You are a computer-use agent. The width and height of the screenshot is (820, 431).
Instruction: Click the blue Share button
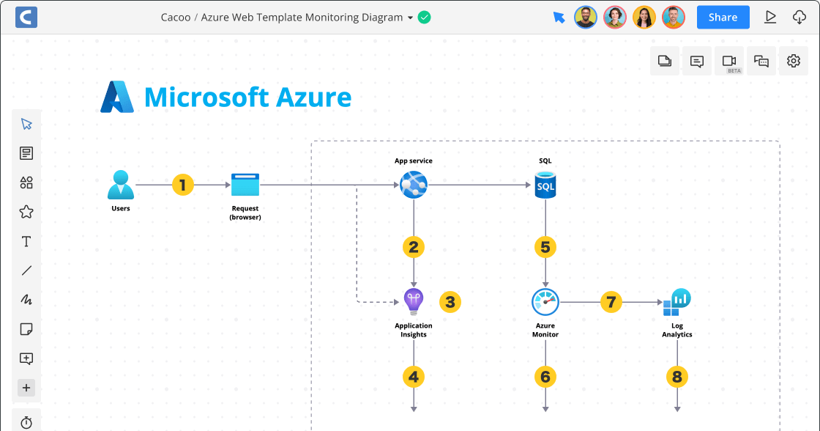(x=723, y=17)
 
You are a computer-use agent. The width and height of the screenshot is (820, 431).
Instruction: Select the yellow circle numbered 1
(x=183, y=185)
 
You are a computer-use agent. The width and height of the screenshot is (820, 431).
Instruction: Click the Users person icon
(x=121, y=185)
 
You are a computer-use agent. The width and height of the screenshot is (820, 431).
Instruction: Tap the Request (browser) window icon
(x=245, y=185)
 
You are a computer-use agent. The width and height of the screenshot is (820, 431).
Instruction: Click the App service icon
(x=414, y=185)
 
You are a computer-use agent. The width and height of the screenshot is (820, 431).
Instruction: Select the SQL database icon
(x=545, y=185)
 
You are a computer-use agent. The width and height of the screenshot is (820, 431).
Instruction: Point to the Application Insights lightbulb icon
(x=414, y=301)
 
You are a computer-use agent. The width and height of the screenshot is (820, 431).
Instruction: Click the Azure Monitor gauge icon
(x=545, y=301)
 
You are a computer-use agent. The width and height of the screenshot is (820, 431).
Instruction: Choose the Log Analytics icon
(x=677, y=301)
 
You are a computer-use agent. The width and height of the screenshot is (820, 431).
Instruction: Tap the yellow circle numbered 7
(x=611, y=301)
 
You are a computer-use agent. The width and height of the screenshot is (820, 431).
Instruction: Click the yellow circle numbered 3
(x=450, y=301)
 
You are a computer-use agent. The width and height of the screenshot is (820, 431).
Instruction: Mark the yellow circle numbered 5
(x=545, y=246)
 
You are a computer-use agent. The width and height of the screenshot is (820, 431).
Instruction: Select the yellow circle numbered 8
(x=677, y=377)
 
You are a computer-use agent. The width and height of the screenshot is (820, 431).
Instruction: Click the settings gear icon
(x=794, y=61)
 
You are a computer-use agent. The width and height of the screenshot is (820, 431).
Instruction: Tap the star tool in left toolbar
(x=26, y=212)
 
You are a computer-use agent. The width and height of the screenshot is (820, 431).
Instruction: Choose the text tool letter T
(x=26, y=241)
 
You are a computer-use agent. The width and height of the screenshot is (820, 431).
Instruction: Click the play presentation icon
(x=770, y=17)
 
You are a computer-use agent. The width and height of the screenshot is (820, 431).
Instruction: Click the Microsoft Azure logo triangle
(x=117, y=97)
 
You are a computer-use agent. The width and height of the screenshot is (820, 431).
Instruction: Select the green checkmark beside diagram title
(x=425, y=17)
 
